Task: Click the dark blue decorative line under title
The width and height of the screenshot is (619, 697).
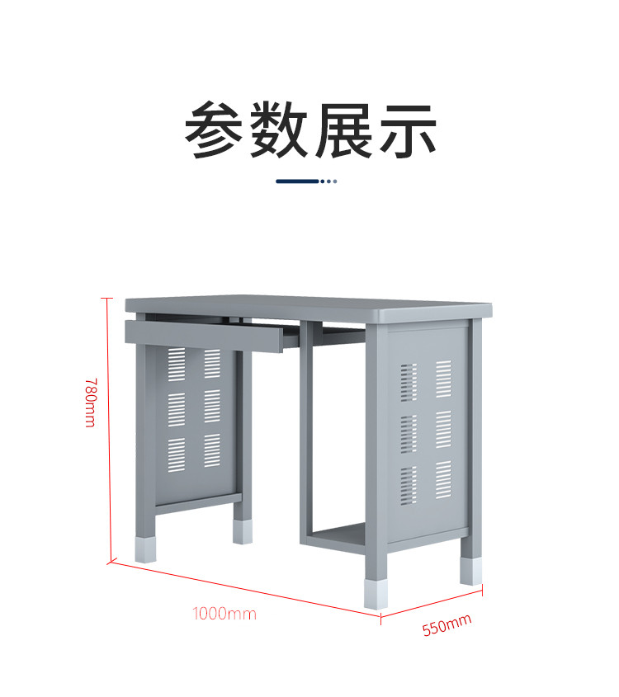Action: coord(297,181)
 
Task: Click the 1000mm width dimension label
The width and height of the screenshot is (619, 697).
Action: coord(224,614)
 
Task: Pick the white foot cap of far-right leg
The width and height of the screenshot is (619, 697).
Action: coord(470,571)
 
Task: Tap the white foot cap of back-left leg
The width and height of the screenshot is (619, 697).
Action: coord(243,530)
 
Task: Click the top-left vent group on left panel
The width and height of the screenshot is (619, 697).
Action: coord(177,364)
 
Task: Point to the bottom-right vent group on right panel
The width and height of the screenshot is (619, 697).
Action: coord(443,479)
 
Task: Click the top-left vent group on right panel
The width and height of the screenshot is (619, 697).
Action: coord(409,382)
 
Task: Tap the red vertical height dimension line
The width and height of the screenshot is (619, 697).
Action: coord(107,429)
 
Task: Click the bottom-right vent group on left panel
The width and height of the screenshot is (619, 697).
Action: coord(212,450)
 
